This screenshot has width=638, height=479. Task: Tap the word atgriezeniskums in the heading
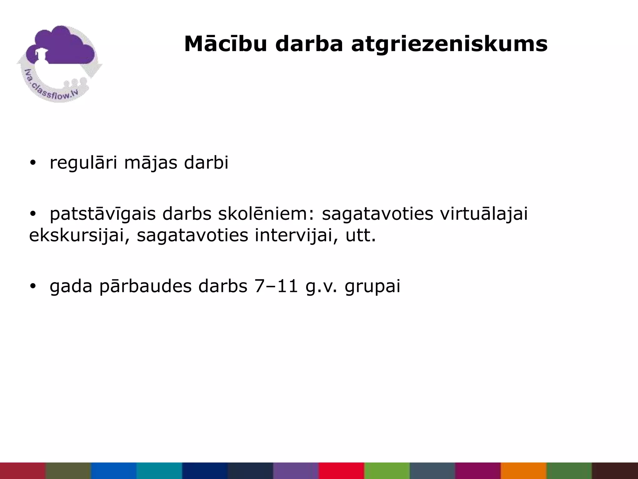pos(449,45)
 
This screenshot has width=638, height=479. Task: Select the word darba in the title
pos(309,44)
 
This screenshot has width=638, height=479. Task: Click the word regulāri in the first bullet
pos(83,163)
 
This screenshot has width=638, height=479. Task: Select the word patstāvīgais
pos(102,214)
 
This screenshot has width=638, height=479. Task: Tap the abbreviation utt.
pos(361,235)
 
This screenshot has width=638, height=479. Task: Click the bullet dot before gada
pos(33,286)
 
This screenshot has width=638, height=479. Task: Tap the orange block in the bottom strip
pos(523,471)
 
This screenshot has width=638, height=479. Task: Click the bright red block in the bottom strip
pos(341,471)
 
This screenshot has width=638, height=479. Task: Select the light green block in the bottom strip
pos(387,471)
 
